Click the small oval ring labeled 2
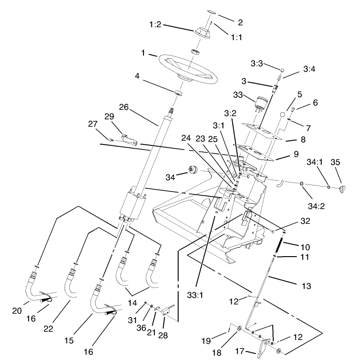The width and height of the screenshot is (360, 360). (210, 12)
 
